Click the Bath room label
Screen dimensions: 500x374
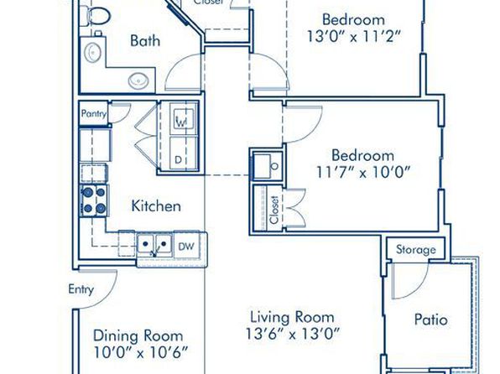(x=145, y=41)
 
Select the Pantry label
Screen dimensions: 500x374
(x=94, y=113)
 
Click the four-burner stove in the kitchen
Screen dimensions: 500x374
(x=94, y=200)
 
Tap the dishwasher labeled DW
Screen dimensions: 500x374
(x=186, y=247)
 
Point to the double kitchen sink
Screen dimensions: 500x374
(x=154, y=245)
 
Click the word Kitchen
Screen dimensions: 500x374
(x=156, y=206)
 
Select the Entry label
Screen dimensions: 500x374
(x=81, y=289)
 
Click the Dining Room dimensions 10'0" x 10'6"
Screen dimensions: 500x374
(x=141, y=353)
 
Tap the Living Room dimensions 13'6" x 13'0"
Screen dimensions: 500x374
(x=293, y=334)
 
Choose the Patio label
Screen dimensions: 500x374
(x=431, y=319)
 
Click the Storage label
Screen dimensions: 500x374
(x=416, y=249)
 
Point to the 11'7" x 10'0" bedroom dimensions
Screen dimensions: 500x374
(x=363, y=173)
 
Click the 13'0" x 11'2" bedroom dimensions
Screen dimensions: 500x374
(x=354, y=36)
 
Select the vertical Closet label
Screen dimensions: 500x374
(x=274, y=210)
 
